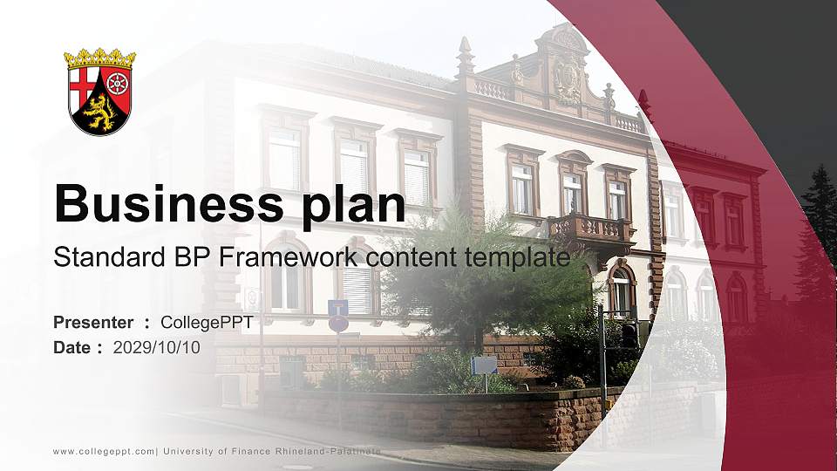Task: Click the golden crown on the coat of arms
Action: point(99,58)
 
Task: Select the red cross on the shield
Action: point(84,86)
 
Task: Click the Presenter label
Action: point(93,323)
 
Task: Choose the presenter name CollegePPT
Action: point(207,323)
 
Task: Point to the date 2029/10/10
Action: point(156,348)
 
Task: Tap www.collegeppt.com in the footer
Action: point(104,451)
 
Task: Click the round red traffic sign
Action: point(338,324)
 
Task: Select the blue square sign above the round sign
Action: point(337,307)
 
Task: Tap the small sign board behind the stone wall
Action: point(484,365)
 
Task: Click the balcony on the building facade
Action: point(591,229)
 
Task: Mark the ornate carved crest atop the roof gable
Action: point(568,81)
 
